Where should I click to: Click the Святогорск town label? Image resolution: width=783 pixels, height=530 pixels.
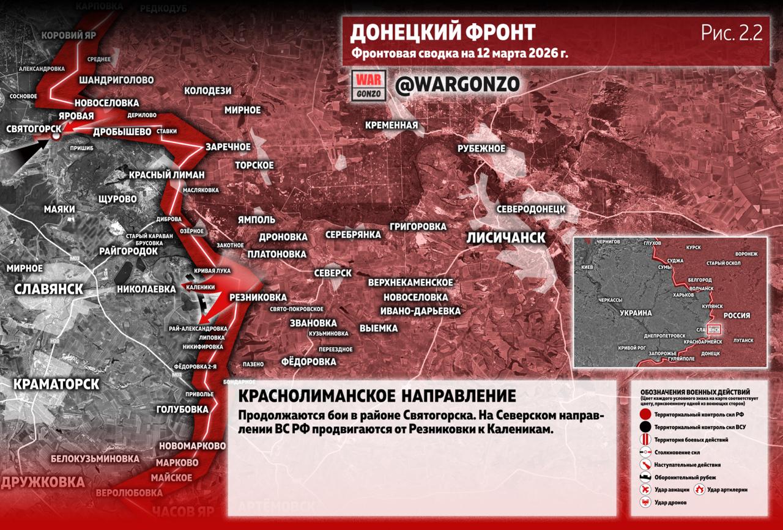click(34, 129)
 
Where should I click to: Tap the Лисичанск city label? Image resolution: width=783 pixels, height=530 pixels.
click(505, 238)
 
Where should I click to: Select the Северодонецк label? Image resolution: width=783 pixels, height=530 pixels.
click(530, 209)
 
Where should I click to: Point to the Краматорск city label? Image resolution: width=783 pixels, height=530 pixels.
click(56, 383)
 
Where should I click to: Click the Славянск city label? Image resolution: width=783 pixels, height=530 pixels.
click(48, 289)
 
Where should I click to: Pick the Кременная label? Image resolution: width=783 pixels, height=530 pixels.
click(391, 125)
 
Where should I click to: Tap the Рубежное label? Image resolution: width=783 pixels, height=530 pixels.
click(481, 149)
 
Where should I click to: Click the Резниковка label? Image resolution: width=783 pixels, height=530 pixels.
click(249, 297)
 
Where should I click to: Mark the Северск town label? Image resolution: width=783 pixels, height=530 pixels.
click(333, 273)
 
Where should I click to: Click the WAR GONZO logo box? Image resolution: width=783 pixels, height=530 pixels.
click(369, 86)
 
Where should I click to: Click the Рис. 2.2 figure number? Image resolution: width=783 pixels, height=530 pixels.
click(732, 34)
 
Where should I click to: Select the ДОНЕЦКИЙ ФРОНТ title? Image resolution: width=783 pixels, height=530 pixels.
click(443, 32)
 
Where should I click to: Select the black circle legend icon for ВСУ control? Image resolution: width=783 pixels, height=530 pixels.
click(645, 427)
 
